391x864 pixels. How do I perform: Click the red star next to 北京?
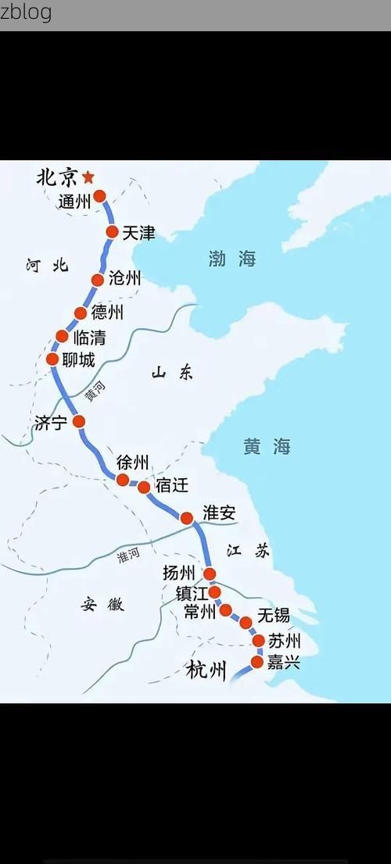coord(88,177)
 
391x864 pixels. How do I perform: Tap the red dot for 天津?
coord(112,232)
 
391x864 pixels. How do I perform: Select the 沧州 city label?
coord(124,277)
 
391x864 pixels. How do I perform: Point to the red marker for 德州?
coord(81,313)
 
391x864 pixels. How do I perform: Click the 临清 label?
coord(89,338)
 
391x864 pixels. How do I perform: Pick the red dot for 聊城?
coord(52,359)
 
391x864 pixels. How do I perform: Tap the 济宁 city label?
coord(51,423)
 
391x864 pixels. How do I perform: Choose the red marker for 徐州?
coord(123,480)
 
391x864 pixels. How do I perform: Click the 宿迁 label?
coord(172,485)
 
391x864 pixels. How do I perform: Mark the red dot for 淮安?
coord(187,518)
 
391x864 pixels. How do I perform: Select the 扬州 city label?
coord(178,573)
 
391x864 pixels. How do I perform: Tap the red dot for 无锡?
coord(246,623)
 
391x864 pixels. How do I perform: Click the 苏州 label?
coord(284,641)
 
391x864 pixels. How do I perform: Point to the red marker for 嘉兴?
coord(257,662)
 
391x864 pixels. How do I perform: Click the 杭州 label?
coord(206,670)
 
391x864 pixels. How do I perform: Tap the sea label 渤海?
coord(232,259)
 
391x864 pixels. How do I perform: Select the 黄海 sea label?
coord(267,446)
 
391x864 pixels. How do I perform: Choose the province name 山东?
coord(172,373)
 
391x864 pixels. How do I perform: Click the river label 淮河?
coord(128,555)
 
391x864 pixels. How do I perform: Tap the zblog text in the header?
coord(27,12)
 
